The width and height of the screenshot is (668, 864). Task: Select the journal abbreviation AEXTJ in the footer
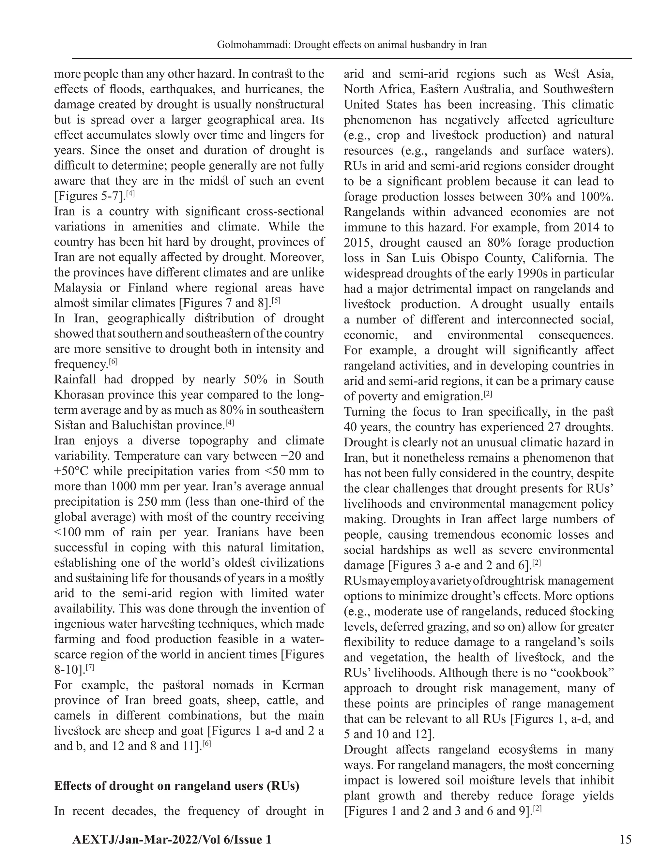click(x=93, y=840)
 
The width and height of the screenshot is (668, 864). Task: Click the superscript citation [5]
click(x=276, y=301)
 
